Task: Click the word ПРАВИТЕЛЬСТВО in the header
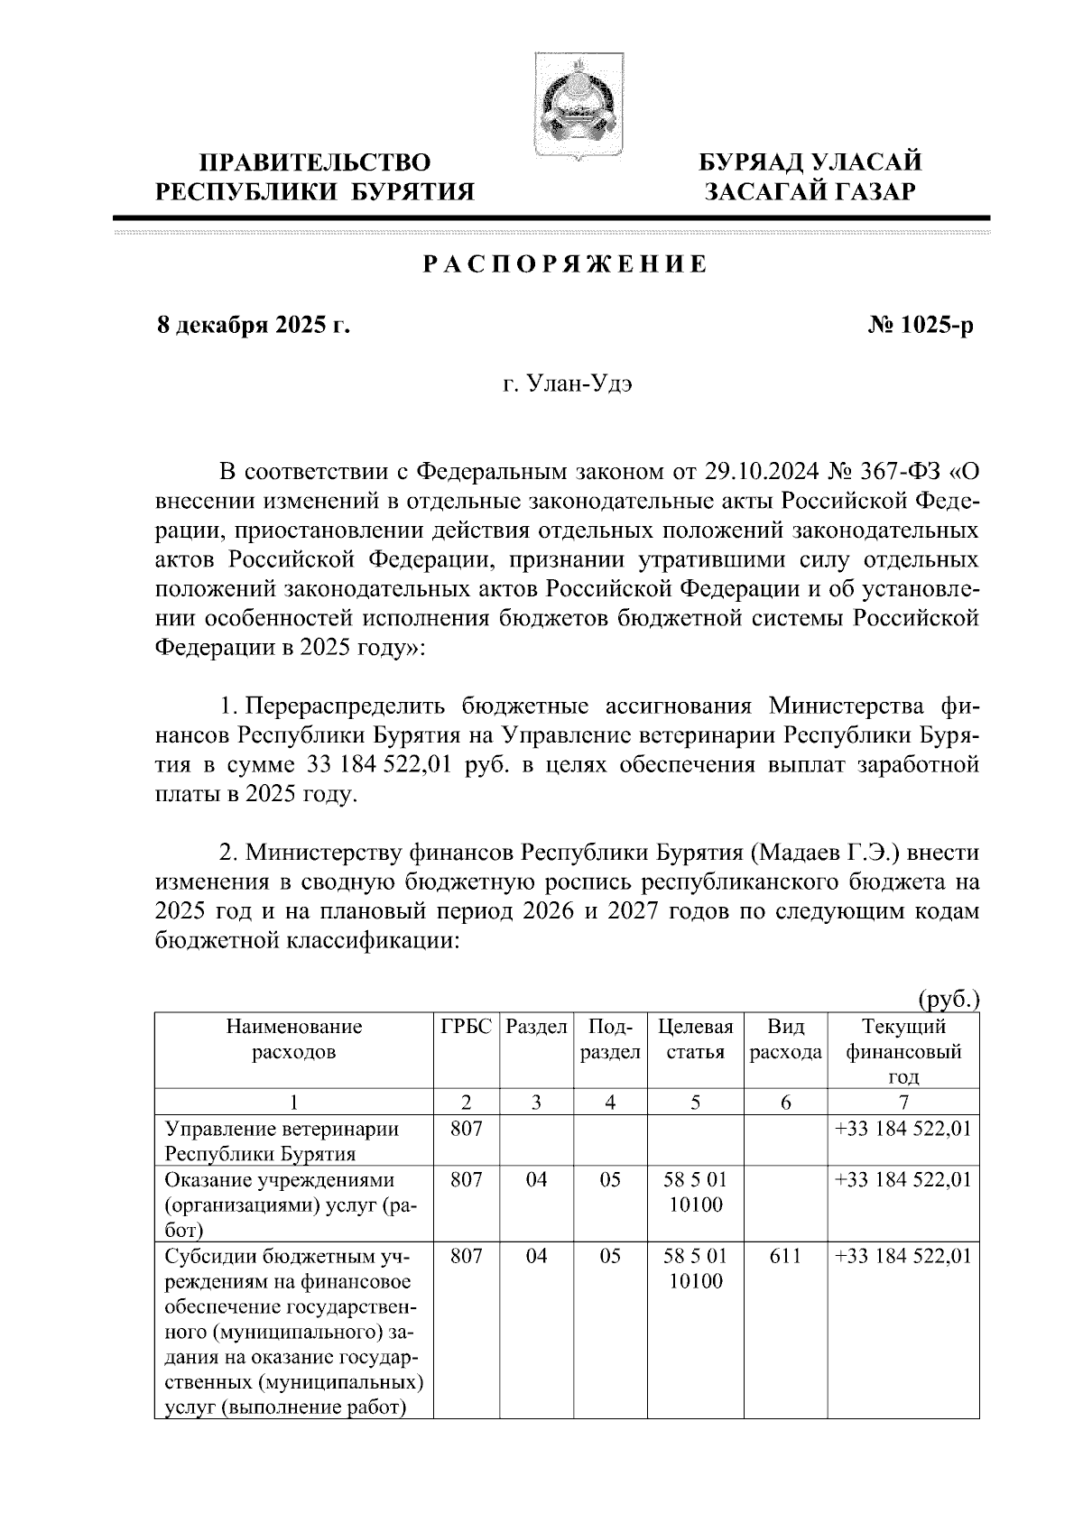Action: (315, 162)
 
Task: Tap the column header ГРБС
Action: (466, 1027)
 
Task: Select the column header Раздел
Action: (537, 1027)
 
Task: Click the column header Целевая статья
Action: (695, 1039)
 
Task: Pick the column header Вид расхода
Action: (785, 1039)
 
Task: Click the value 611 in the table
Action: (785, 1256)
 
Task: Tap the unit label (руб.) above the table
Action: (949, 1000)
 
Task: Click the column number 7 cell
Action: (903, 1102)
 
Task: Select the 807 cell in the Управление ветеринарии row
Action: (466, 1129)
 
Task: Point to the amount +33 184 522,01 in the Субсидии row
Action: (903, 1256)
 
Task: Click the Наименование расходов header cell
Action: (294, 1039)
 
